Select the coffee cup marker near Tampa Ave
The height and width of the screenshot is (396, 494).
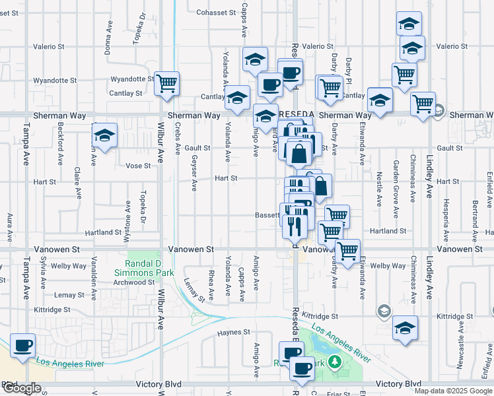22,345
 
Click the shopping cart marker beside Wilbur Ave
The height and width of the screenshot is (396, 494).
167,83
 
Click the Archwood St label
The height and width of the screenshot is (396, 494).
133,282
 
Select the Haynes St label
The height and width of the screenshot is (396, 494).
234,332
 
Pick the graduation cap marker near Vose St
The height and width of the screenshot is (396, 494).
105,136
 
